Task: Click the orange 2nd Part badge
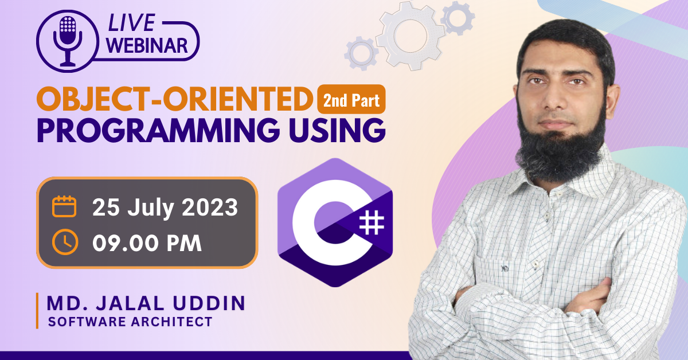tap(351, 101)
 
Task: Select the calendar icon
tap(64, 206)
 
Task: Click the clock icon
tap(64, 242)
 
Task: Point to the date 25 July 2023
tap(165, 208)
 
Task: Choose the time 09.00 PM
tap(147, 243)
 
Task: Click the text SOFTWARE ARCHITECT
tap(130, 322)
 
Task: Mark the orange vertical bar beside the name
tap(37, 310)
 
